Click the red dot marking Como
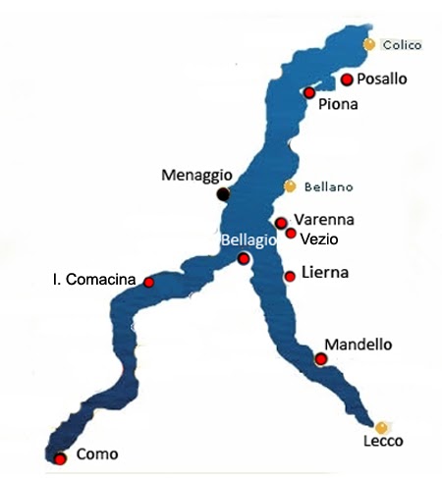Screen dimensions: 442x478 coord(60,458)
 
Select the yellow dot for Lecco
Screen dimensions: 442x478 coord(381,426)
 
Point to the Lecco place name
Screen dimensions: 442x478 coord(383,442)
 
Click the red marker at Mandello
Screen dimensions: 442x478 coord(320,359)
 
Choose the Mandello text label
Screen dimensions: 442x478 coord(359,345)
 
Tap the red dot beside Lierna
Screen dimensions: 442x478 coord(290,276)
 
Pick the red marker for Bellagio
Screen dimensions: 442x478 coord(244,258)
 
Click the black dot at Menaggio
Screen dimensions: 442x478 coord(225,193)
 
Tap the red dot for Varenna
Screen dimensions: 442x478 coord(281,223)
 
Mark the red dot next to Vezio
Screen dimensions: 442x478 coord(291,233)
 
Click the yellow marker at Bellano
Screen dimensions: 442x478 coord(289,186)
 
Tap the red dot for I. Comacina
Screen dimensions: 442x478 coord(148,282)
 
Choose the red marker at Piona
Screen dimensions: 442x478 coord(308,92)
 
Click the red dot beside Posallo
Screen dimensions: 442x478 coord(346,80)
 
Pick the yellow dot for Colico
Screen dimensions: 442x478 coord(368,44)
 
